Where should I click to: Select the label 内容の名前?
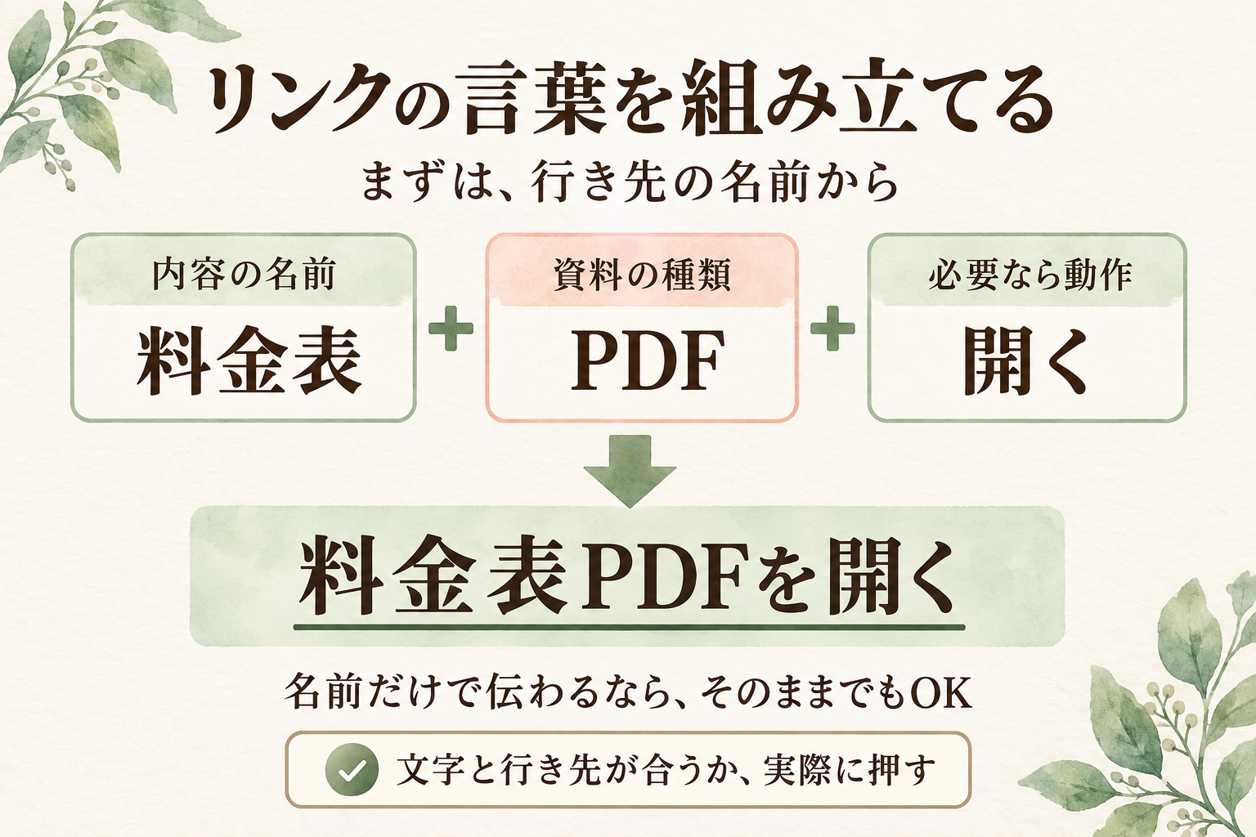click(x=244, y=275)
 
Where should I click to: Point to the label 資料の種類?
click(x=641, y=275)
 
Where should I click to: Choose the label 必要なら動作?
click(x=1029, y=275)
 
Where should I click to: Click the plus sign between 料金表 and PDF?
click(x=451, y=328)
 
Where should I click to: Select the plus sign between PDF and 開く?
click(x=832, y=328)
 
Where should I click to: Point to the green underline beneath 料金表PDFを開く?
click(x=629, y=627)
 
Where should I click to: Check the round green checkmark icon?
click(x=352, y=770)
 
